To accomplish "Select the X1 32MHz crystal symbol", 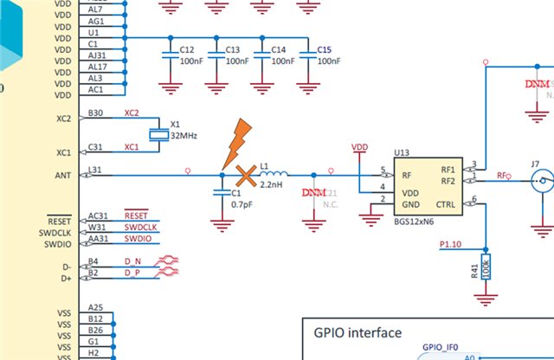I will (158, 134).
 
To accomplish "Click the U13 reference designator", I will (401, 152).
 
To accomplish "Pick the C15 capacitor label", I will (325, 50).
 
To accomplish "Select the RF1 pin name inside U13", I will (448, 170).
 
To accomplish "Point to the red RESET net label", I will (137, 215).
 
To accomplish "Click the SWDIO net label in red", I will (138, 238).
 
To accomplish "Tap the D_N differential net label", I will (132, 260).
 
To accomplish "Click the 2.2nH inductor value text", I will (271, 186).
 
